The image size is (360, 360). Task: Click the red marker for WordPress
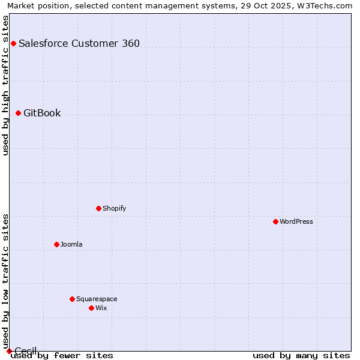pyautogui.click(x=275, y=221)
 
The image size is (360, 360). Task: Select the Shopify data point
pyautogui.click(x=98, y=208)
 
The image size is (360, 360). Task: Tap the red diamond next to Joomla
pyautogui.click(x=56, y=244)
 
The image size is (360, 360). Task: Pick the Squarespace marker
pyautogui.click(x=72, y=299)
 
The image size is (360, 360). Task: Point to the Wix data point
pyautogui.click(x=91, y=308)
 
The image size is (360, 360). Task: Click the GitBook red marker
pyautogui.click(x=18, y=113)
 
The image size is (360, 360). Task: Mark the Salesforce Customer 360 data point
pyautogui.click(x=13, y=43)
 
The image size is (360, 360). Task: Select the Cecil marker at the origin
pyautogui.click(x=9, y=351)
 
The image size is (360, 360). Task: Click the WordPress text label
pyautogui.click(x=296, y=221)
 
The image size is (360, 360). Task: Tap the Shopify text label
pyautogui.click(x=114, y=208)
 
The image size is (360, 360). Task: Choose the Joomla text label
pyautogui.click(x=71, y=244)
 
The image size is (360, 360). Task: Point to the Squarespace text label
pyautogui.click(x=97, y=299)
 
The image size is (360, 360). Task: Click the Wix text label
pyautogui.click(x=101, y=308)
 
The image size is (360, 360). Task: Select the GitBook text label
pyautogui.click(x=42, y=113)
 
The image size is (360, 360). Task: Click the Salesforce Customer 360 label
pyautogui.click(x=79, y=43)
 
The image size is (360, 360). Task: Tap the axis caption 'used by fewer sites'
pyautogui.click(x=62, y=356)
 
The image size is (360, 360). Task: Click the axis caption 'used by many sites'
pyautogui.click(x=301, y=356)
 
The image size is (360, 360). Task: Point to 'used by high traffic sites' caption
pyautogui.click(x=5, y=85)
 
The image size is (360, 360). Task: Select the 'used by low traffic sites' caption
pyautogui.click(x=5, y=281)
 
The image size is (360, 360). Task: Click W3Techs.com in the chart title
pyautogui.click(x=325, y=5)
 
